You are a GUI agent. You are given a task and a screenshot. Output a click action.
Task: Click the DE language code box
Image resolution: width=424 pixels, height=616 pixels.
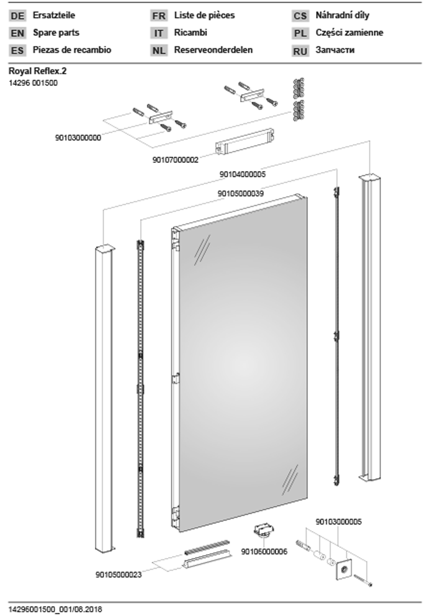(17, 16)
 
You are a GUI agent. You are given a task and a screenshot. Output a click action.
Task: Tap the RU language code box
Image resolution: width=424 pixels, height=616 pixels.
(300, 51)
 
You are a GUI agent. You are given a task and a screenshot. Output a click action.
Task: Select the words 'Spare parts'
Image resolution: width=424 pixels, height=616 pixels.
(56, 33)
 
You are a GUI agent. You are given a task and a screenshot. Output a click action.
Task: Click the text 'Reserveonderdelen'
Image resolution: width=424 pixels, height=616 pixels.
(213, 50)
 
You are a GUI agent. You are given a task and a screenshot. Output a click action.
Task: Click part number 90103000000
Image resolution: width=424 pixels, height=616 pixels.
(78, 138)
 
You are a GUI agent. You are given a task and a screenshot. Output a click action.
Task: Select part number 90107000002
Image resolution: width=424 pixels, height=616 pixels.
(175, 160)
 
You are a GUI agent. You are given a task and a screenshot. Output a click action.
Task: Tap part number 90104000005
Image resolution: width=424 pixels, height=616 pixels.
(242, 174)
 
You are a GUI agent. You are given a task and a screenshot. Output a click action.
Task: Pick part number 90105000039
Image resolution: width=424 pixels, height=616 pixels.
(241, 194)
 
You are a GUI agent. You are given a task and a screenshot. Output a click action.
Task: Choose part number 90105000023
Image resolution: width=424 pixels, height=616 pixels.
(119, 575)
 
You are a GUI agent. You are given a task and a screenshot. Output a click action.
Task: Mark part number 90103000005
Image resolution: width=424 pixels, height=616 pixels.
(338, 522)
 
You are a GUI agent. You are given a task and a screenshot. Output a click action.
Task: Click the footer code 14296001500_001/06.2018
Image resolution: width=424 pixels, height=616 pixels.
(55, 609)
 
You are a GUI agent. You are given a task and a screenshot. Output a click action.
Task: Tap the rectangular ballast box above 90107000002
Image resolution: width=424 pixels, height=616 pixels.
(245, 141)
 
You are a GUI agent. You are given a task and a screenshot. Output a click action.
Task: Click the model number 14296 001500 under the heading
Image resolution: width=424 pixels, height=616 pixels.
(33, 83)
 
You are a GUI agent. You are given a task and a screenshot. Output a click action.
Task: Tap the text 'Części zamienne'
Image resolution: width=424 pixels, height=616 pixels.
(349, 33)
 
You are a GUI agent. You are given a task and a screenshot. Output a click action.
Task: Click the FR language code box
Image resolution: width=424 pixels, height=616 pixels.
(159, 16)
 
